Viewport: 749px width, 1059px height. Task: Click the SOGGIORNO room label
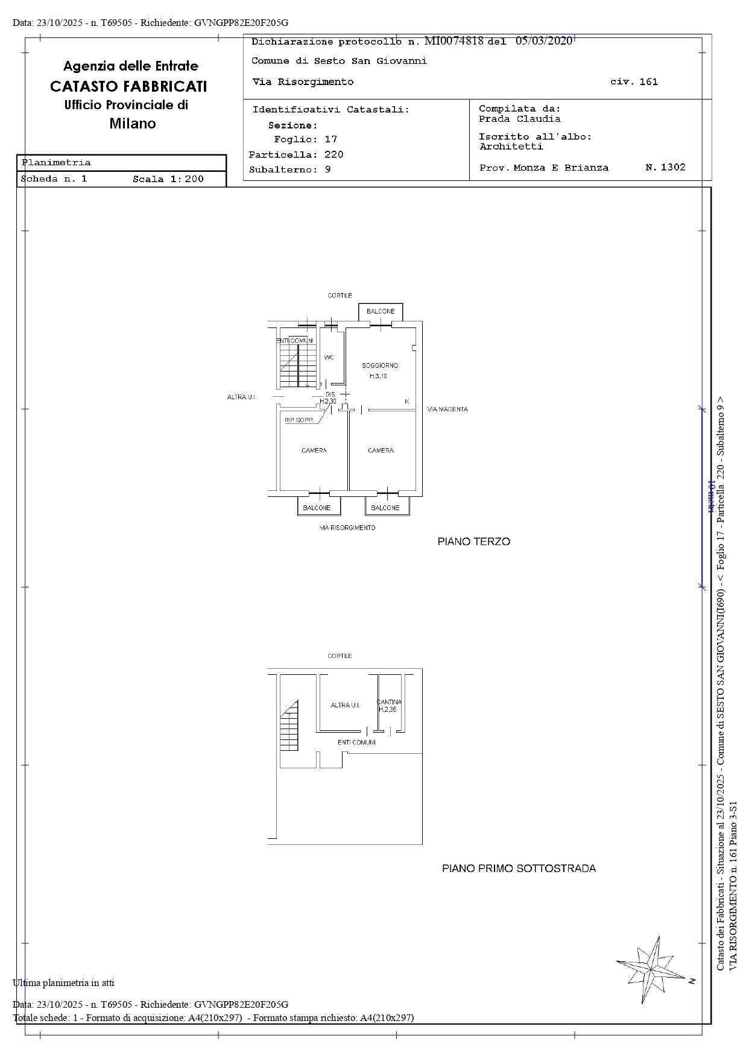coord(380,365)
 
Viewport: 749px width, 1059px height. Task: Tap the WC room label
coord(329,358)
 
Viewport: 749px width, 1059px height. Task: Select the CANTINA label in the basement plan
coord(389,702)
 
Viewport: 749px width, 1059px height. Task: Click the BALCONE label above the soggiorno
coord(381,311)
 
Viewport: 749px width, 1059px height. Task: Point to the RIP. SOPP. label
coord(299,420)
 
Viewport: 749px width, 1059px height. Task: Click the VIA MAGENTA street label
coord(447,409)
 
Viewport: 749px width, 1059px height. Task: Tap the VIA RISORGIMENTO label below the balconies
coord(347,528)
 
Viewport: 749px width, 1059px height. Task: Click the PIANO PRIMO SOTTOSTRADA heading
coord(519,868)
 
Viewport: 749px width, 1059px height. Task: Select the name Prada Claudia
coord(519,119)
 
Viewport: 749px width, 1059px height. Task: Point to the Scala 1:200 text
coord(168,179)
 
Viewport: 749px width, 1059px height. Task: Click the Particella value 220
coord(333,154)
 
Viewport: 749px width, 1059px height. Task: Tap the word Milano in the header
coord(133,124)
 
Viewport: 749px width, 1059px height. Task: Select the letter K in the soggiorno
coord(406,402)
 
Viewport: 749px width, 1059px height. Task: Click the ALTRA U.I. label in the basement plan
coord(345,705)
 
